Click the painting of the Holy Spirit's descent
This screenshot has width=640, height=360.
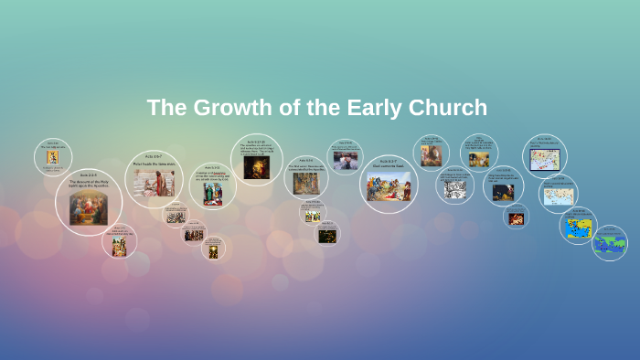(89, 209)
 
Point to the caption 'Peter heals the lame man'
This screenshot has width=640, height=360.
(153, 165)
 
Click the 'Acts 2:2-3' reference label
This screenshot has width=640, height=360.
(88, 174)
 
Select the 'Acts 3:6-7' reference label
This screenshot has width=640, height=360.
(153, 159)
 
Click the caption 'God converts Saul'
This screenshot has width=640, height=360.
(389, 165)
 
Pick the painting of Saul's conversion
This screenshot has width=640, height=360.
(389, 186)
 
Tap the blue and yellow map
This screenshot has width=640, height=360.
(578, 227)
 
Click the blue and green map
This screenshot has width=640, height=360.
(610, 245)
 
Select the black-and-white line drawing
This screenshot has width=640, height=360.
(454, 189)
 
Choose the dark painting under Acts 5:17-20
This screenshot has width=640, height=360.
(256, 167)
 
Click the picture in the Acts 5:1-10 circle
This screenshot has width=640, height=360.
(212, 195)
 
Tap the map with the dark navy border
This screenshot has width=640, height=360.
(544, 159)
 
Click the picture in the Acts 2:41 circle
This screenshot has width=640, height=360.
(53, 157)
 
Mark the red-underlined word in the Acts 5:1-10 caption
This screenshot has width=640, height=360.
(220, 173)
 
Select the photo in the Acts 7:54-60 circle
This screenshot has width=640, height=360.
(345, 160)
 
